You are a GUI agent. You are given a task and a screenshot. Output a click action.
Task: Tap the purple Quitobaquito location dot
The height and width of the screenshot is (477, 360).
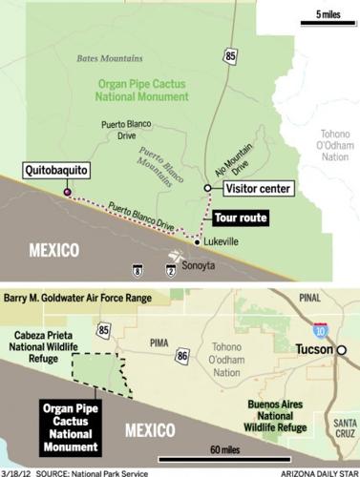point(66,193)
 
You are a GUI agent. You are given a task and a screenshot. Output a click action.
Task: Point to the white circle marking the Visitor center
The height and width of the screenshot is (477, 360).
point(207,189)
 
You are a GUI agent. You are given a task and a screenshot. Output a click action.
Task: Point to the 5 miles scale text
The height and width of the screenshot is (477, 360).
point(327,16)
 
